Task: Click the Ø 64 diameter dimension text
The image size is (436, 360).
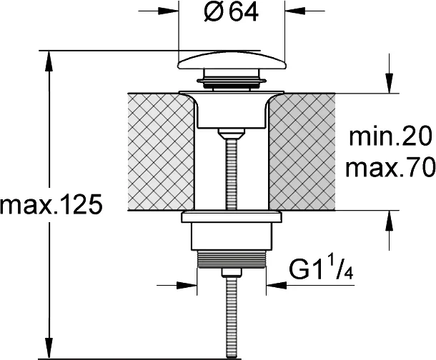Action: (232, 13)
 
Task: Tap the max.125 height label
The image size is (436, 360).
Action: (51, 205)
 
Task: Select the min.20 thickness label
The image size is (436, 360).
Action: (390, 137)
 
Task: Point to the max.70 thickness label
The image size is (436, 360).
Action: (390, 167)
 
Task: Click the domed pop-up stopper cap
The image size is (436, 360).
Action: (232, 60)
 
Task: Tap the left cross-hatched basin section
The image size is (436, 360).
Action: (162, 152)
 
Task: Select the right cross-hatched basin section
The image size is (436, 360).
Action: (302, 152)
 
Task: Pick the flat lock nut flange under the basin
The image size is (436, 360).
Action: (232, 216)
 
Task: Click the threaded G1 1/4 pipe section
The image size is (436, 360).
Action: (232, 259)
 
